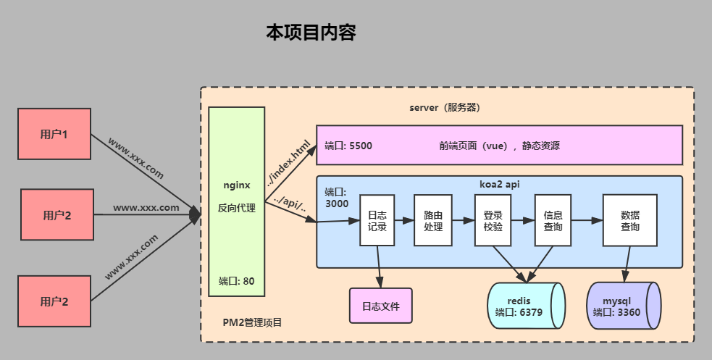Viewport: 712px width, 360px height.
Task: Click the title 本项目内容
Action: click(x=311, y=33)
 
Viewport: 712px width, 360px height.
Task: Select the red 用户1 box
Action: click(x=54, y=134)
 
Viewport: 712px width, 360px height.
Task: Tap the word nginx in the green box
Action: click(x=236, y=185)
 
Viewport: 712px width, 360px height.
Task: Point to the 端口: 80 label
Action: click(x=236, y=280)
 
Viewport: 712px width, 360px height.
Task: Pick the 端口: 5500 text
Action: click(x=348, y=145)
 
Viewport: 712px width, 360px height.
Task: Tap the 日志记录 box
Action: click(x=377, y=220)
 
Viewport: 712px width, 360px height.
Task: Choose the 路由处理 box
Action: click(x=432, y=220)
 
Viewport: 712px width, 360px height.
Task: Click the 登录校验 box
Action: click(x=493, y=220)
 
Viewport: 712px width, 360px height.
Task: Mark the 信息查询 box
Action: click(x=553, y=220)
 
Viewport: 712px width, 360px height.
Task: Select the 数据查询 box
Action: click(x=629, y=220)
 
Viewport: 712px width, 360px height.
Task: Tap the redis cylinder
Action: click(x=524, y=306)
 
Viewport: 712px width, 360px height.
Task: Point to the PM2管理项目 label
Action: click(x=252, y=322)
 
